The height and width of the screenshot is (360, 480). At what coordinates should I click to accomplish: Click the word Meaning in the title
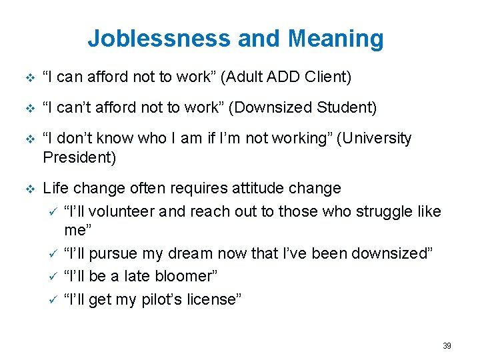pyautogui.click(x=336, y=38)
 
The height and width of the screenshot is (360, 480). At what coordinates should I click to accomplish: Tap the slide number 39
pyautogui.click(x=447, y=346)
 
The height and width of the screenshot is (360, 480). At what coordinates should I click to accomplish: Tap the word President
pyautogui.click(x=79, y=157)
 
